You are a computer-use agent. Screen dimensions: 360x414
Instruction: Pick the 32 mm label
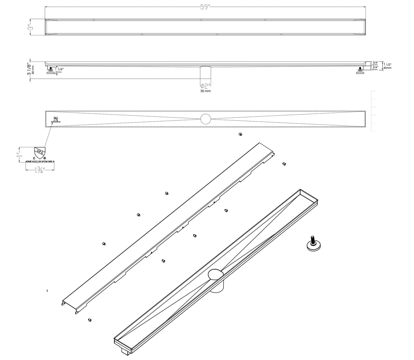point(58,72)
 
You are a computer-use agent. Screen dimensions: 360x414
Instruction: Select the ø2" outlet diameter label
point(206,86)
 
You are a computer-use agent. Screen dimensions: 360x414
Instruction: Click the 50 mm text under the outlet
point(206,91)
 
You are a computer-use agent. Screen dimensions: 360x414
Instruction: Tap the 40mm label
point(387,68)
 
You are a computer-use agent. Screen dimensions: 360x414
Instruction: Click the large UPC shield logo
point(40,153)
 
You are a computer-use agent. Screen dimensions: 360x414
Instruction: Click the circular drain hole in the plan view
point(206,119)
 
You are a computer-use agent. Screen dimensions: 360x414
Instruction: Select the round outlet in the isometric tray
point(215,275)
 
